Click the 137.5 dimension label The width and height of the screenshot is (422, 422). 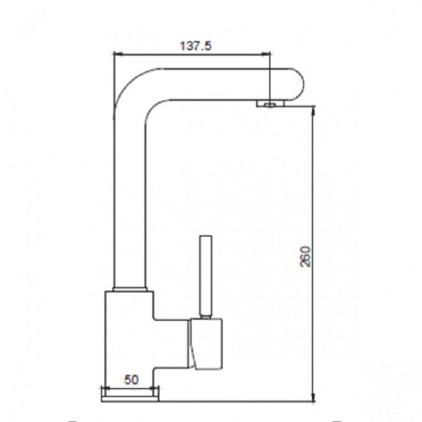[196, 46]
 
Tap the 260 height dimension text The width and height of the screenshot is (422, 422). [305, 256]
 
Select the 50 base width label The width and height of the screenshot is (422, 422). [131, 379]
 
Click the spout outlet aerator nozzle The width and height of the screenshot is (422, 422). [270, 103]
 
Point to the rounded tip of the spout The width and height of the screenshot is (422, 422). [298, 84]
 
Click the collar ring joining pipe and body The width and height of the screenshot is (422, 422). [130, 289]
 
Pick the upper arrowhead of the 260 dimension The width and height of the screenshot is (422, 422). [313, 110]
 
